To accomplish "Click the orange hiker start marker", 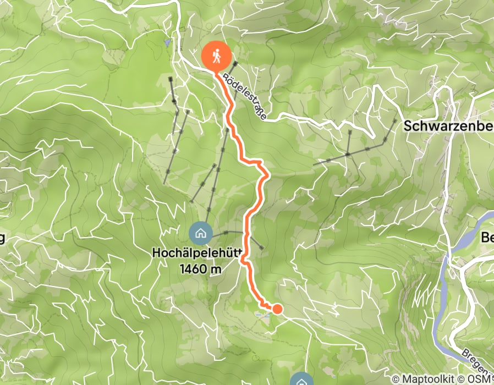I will (x=216, y=57).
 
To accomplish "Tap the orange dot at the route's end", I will (x=277, y=309).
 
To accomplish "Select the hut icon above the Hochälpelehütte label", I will (x=200, y=233).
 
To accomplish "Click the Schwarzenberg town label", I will (x=448, y=126).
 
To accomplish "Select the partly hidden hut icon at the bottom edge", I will (x=301, y=380).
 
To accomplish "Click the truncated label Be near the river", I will (x=487, y=238).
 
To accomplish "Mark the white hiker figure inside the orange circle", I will (x=216, y=56).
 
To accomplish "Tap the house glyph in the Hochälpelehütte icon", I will (x=200, y=233).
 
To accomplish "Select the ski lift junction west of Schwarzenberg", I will (x=348, y=155).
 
